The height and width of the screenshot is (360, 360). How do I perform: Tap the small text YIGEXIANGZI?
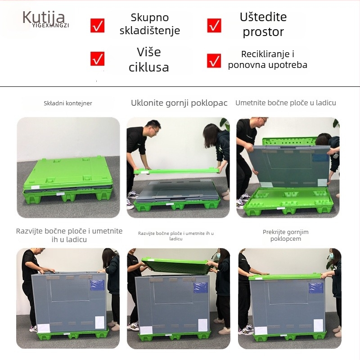click(50, 26)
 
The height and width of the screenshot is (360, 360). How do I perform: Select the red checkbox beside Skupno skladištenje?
click(97, 26)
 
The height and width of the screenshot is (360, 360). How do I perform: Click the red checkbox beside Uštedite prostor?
click(214, 26)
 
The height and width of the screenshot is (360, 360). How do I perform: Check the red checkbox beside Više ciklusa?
click(97, 58)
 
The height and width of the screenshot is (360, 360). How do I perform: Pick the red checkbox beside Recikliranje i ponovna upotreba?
click(214, 60)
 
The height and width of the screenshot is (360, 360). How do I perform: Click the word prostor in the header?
click(263, 32)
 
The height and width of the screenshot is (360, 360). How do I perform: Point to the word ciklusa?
click(148, 68)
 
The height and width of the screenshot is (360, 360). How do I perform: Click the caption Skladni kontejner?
click(68, 103)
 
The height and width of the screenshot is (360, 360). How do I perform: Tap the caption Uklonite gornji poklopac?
click(179, 103)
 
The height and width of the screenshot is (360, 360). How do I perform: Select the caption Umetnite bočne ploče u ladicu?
click(286, 103)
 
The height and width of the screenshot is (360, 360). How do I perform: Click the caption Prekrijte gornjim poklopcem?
click(286, 235)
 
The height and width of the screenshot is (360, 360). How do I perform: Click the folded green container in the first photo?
click(67, 178)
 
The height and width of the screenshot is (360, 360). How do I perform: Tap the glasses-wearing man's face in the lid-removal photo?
click(154, 130)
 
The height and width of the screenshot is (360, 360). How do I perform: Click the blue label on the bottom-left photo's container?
click(97, 284)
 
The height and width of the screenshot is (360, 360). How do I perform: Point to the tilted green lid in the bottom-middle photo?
click(175, 265)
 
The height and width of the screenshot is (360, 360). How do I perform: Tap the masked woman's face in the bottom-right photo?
click(333, 256)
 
